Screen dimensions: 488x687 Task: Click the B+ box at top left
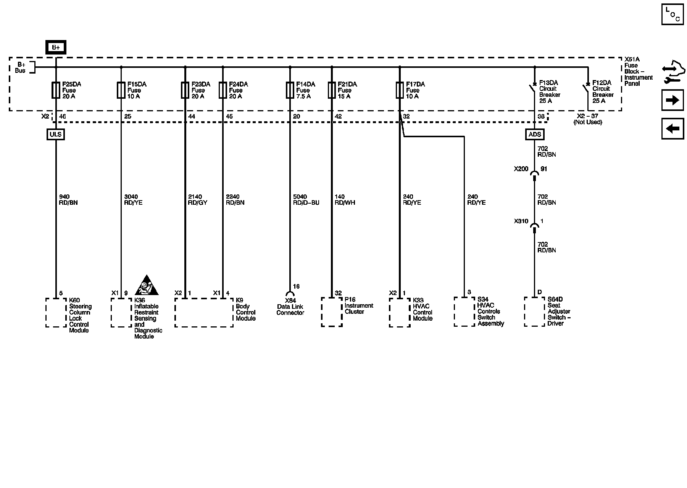click(x=56, y=48)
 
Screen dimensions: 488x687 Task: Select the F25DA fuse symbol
click(x=56, y=90)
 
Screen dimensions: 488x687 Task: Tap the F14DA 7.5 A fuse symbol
click(x=290, y=90)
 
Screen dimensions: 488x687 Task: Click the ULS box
click(x=56, y=134)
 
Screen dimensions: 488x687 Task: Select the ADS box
click(x=535, y=134)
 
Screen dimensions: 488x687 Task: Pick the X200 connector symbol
click(x=535, y=174)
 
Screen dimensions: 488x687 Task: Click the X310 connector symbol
click(x=535, y=226)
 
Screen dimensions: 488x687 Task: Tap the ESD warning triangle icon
click(x=147, y=286)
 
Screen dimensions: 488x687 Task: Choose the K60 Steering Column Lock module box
click(x=56, y=313)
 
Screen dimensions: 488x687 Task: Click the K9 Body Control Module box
click(x=204, y=313)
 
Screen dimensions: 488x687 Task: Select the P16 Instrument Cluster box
click(x=332, y=312)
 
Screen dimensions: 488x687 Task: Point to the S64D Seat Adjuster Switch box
click(x=534, y=312)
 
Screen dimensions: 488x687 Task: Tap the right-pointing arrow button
click(x=672, y=100)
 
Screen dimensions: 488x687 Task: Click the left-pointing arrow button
click(x=672, y=128)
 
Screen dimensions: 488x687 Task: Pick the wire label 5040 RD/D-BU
click(x=306, y=200)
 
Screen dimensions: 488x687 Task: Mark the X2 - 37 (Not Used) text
click(x=587, y=119)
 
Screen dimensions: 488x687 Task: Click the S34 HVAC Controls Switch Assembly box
click(x=464, y=312)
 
